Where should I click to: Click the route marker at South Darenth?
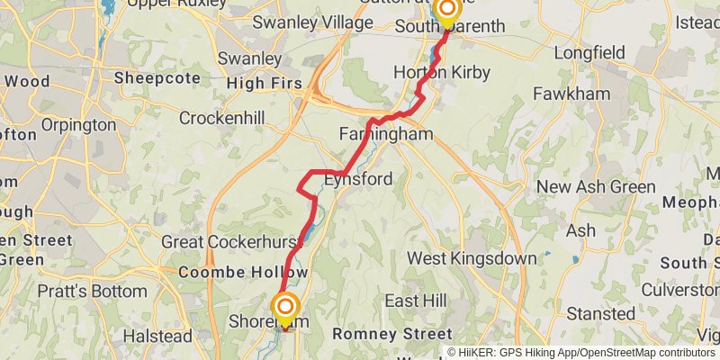click(446, 10)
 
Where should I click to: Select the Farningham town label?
click(385, 134)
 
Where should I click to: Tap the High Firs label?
click(265, 84)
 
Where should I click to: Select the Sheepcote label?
click(156, 78)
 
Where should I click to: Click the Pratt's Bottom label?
click(91, 292)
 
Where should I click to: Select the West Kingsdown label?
click(472, 259)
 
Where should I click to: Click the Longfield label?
click(589, 53)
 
